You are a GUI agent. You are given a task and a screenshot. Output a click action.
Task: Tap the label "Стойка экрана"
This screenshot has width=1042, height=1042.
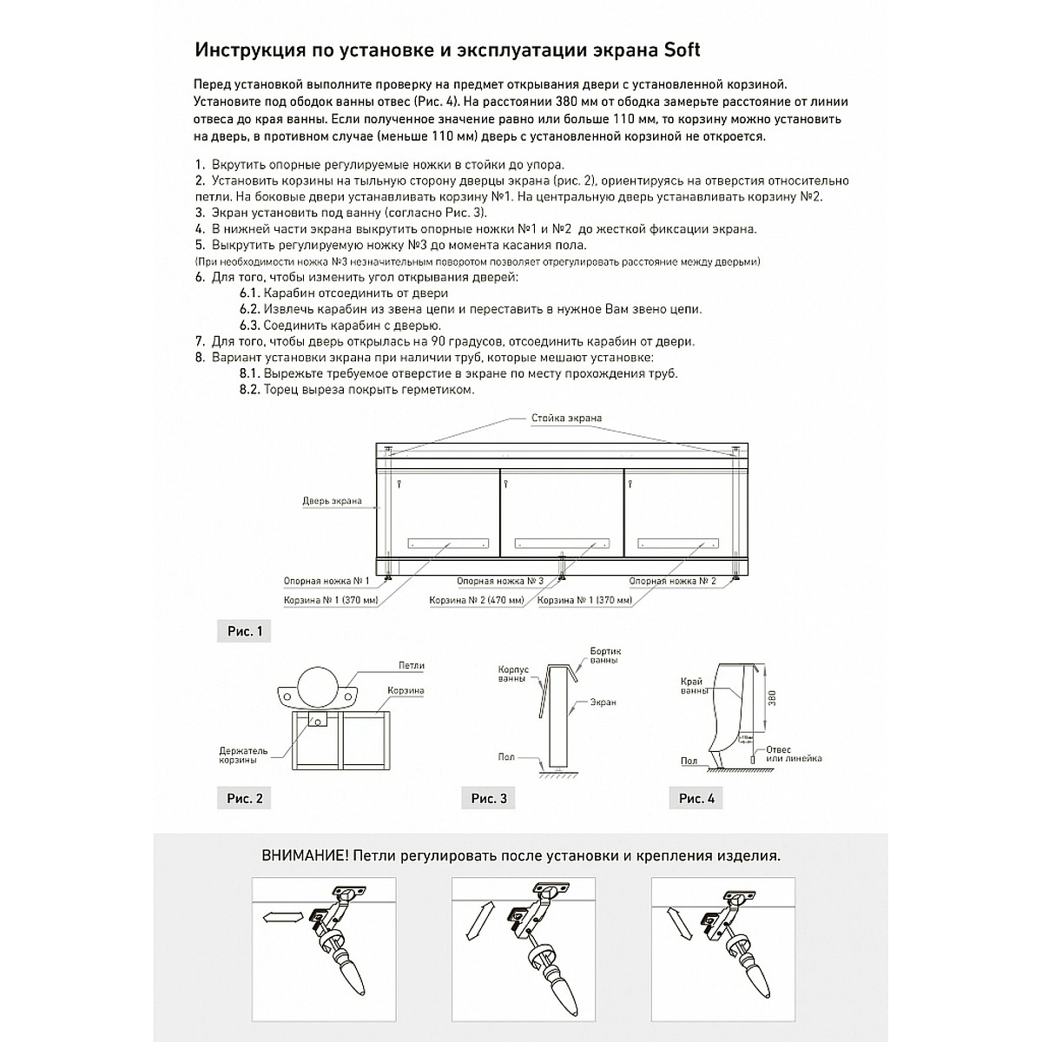click(x=566, y=419)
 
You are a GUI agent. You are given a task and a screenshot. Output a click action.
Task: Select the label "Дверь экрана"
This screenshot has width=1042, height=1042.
click(x=332, y=501)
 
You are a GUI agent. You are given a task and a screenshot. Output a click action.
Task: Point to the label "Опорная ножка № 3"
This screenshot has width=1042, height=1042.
click(x=500, y=581)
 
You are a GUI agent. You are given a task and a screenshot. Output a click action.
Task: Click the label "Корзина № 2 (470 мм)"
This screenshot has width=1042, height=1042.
click(x=477, y=600)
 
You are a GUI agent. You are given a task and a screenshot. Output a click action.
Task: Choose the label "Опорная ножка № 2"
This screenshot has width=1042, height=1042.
click(x=672, y=581)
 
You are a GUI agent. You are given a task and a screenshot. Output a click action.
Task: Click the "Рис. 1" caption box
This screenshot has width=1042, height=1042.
click(x=244, y=631)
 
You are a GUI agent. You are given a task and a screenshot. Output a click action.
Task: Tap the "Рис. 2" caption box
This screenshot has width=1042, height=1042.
click(x=244, y=798)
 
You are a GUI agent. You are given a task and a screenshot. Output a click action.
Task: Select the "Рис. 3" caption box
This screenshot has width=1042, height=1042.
click(x=489, y=798)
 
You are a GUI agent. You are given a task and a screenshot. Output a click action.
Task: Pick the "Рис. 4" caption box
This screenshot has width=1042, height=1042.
click(x=696, y=798)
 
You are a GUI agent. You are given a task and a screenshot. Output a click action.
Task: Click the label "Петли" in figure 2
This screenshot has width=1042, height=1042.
click(x=412, y=666)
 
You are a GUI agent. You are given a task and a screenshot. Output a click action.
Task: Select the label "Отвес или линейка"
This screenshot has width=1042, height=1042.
click(x=792, y=754)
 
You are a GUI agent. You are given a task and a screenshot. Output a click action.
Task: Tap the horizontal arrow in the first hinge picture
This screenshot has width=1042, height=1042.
click(x=280, y=916)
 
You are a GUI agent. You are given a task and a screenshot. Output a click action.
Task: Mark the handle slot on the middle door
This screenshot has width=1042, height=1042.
click(x=562, y=544)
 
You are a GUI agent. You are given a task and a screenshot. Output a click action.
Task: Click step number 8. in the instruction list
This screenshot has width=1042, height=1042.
click(x=200, y=358)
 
